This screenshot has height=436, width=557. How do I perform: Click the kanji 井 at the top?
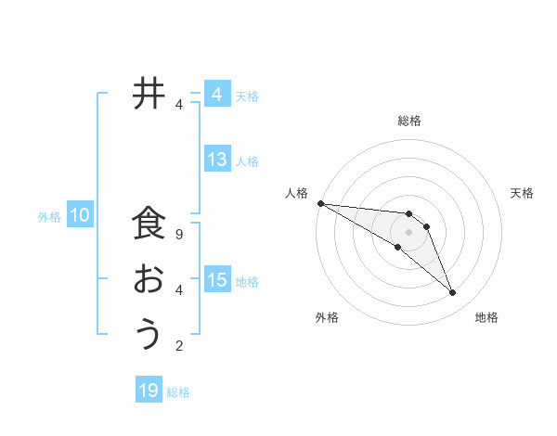click(x=148, y=94)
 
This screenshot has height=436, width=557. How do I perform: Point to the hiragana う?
click(x=149, y=333)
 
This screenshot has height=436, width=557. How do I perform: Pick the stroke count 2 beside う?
click(x=179, y=346)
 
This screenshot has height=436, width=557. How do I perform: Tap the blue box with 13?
click(x=217, y=160)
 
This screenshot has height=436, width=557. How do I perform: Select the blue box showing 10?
click(x=80, y=216)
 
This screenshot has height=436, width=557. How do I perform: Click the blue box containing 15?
click(x=217, y=280)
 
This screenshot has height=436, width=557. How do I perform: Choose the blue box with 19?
click(x=149, y=391)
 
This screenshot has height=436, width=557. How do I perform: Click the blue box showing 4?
click(x=216, y=95)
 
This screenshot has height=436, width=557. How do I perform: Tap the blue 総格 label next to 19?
click(x=178, y=392)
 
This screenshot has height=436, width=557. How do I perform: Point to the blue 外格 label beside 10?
click(x=49, y=217)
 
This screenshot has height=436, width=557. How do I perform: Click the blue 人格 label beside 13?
click(x=247, y=161)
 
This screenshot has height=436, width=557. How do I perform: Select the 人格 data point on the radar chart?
click(x=320, y=202)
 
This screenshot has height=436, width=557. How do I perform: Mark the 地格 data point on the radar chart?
click(x=452, y=293)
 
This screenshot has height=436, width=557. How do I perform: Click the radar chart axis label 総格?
click(x=409, y=121)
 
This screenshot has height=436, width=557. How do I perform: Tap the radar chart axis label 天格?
click(x=522, y=193)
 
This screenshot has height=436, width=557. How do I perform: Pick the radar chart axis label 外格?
click(x=327, y=317)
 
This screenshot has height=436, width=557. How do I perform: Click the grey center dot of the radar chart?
click(x=409, y=232)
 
